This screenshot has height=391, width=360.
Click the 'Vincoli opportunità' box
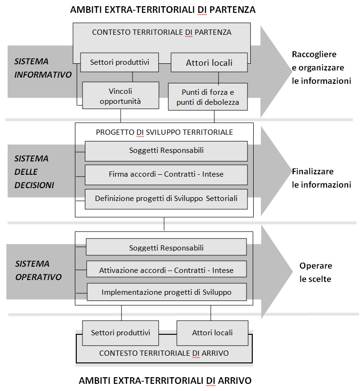pyautogui.click(x=121, y=95)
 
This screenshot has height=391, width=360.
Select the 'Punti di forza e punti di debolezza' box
pyautogui.click(x=208, y=97)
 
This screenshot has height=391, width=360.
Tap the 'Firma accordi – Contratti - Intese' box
pyautogui.click(x=166, y=175)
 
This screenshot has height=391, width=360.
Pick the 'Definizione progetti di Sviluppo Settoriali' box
pyautogui.click(x=166, y=199)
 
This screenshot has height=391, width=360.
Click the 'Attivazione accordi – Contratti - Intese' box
pyautogui.click(x=166, y=269)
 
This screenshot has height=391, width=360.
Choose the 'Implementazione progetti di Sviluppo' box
pyautogui.click(x=167, y=292)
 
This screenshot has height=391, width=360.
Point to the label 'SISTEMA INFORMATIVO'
pyautogui.click(x=43, y=68)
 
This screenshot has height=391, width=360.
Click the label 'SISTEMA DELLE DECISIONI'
pyautogui.click(x=34, y=172)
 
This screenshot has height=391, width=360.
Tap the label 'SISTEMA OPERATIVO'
pyautogui.click(x=39, y=271)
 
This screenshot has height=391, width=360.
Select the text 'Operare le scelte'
pyautogui.click(x=316, y=272)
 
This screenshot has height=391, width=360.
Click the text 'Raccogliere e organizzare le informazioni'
pyautogui.click(x=321, y=68)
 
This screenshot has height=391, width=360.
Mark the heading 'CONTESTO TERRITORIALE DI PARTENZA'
pyautogui.click(x=162, y=32)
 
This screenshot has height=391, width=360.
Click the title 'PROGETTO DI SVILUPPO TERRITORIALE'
pyautogui.click(x=165, y=132)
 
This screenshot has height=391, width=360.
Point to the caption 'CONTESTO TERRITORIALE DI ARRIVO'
pyautogui.click(x=164, y=353)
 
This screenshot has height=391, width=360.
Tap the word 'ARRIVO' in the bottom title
pyautogui.click(x=235, y=381)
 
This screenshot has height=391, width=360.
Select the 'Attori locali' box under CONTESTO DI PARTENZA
pyautogui.click(x=209, y=62)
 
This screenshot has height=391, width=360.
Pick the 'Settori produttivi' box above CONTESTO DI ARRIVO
pyautogui.click(x=121, y=333)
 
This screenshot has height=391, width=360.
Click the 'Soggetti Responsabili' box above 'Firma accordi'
pyautogui.click(x=166, y=151)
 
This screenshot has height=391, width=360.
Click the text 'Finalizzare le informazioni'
pyautogui.click(x=321, y=178)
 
